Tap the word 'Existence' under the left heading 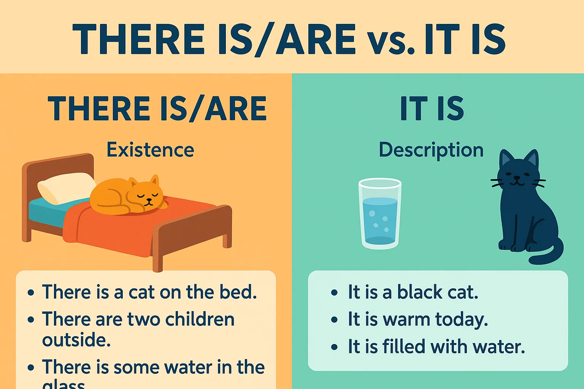click(150, 150)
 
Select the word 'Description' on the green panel click(431, 150)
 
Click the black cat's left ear click(506, 159)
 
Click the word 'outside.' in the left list click(76, 340)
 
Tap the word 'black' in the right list click(420, 292)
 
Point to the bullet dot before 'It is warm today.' click(334, 320)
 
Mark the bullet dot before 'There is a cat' click(31, 293)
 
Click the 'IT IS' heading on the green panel click(432, 109)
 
